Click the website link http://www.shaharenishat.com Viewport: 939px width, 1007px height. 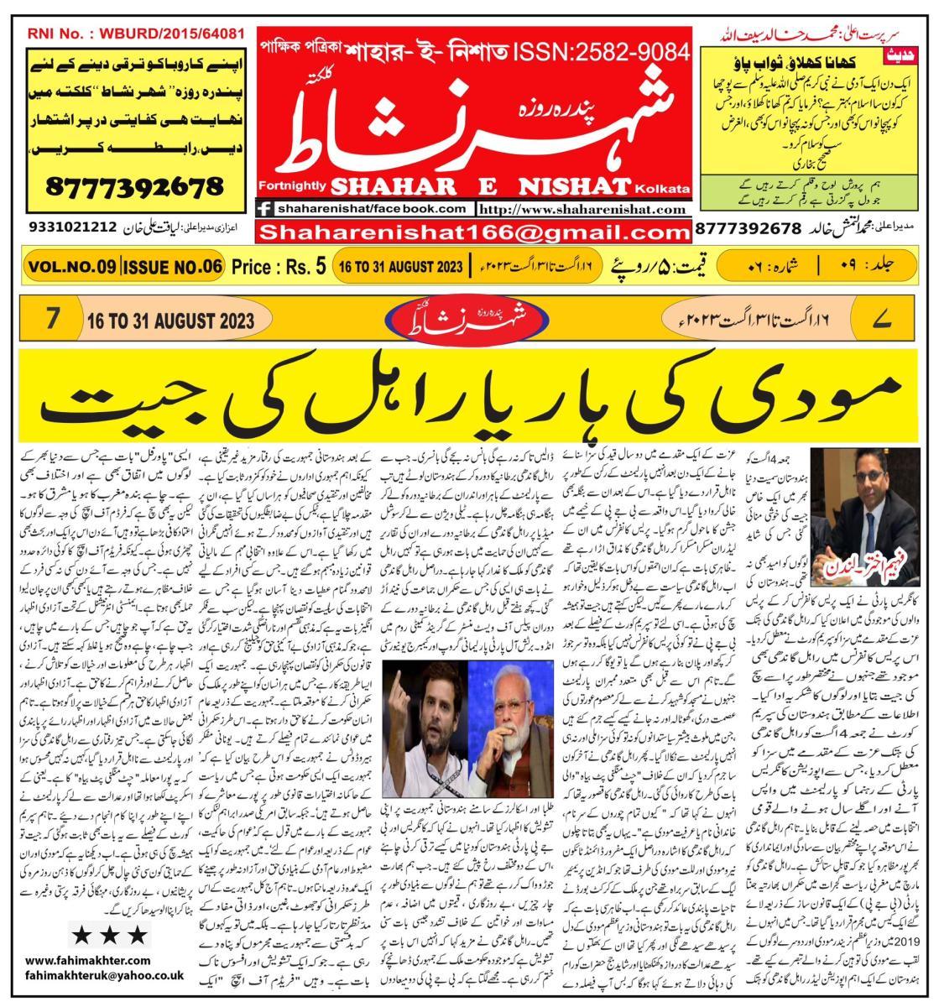coord(583,209)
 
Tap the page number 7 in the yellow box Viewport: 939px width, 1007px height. coord(53,320)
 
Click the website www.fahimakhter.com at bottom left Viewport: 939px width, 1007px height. coord(88,960)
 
